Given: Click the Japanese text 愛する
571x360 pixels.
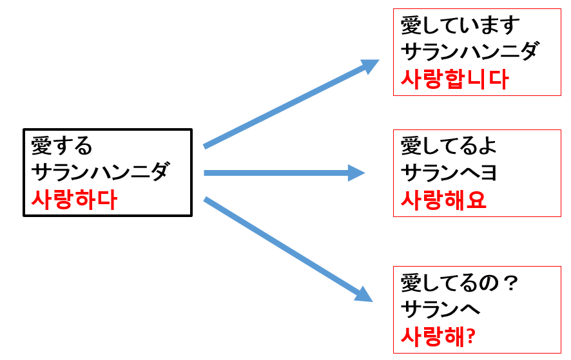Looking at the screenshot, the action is (x=61, y=146).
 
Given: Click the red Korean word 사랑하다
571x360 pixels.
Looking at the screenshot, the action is (x=74, y=200).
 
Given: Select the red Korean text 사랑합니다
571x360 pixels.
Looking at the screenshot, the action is (x=454, y=79).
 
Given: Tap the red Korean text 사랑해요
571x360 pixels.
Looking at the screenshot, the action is (x=443, y=200).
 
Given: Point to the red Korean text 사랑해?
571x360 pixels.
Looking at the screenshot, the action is (x=438, y=336).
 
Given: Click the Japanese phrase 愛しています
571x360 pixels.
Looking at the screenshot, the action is (x=460, y=26).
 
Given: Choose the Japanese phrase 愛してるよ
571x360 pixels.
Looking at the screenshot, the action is (x=449, y=146).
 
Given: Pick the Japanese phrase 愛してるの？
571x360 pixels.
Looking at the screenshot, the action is (x=460, y=283).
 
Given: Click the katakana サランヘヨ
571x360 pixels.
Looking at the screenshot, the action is (x=449, y=172).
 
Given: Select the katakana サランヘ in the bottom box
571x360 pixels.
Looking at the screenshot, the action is (x=441, y=309).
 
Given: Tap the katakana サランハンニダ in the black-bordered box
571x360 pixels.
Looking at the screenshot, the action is (x=101, y=172).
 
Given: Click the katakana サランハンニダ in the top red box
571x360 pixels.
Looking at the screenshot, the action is (x=470, y=52).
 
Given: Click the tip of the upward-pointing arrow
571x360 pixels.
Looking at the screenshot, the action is (x=379, y=61).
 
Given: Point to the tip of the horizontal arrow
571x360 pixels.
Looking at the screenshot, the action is (x=365, y=173).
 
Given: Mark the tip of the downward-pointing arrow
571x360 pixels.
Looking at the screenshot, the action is (x=373, y=301).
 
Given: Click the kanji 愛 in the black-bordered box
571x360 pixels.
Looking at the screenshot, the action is (x=41, y=146).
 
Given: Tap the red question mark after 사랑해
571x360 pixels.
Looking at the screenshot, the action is (x=471, y=337).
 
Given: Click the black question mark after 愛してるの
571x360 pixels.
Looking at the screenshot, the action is (x=512, y=283).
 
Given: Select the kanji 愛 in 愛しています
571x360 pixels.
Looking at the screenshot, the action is (x=411, y=26).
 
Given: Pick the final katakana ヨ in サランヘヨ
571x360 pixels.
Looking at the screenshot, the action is (x=489, y=173).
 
